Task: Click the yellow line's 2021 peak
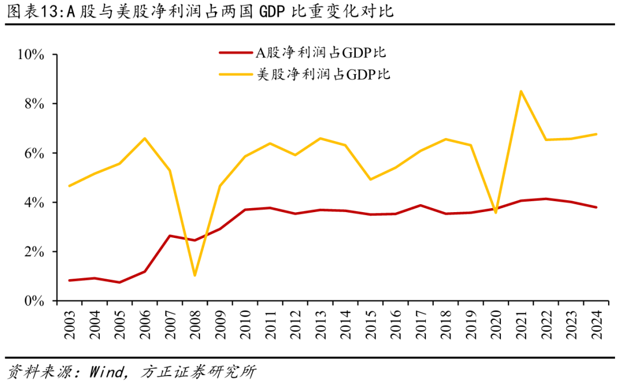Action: tap(520, 91)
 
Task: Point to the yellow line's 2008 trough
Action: tap(195, 275)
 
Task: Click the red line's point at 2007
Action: tap(170, 236)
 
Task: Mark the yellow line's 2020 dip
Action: tap(495, 213)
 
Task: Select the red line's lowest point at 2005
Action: tap(119, 282)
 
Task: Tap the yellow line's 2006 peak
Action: tap(144, 138)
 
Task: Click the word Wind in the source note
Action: tap(107, 372)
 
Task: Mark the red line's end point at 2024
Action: tap(596, 207)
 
